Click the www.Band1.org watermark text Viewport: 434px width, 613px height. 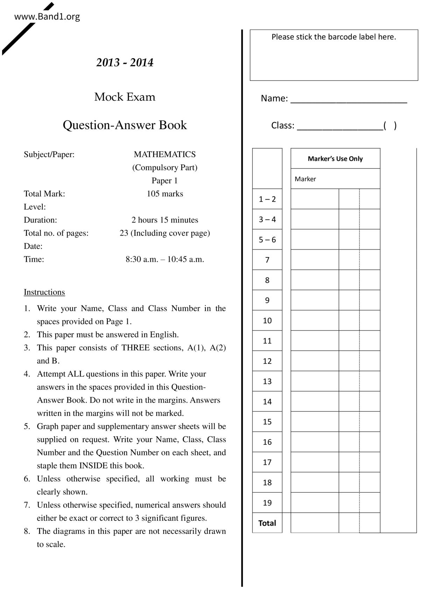tap(47, 16)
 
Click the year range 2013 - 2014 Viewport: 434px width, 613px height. tap(125, 63)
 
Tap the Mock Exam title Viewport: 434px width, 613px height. tap(125, 97)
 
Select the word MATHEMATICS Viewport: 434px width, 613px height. tap(164, 154)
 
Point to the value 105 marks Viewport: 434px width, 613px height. tap(164, 194)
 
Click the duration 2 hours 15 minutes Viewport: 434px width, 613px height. tap(164, 220)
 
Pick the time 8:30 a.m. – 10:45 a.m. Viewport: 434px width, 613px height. tap(164, 259)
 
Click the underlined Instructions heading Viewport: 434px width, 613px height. tap(44, 292)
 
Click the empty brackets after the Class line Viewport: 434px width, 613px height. tap(390, 125)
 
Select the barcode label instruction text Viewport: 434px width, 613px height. tap(334, 37)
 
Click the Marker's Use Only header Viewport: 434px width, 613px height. tap(335, 159)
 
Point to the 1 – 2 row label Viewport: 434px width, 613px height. tap(267, 199)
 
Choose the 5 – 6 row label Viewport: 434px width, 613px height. tap(267, 240)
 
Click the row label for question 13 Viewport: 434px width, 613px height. tap(267, 381)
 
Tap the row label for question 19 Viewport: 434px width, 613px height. tap(267, 503)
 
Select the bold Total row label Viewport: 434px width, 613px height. tap(267, 523)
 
